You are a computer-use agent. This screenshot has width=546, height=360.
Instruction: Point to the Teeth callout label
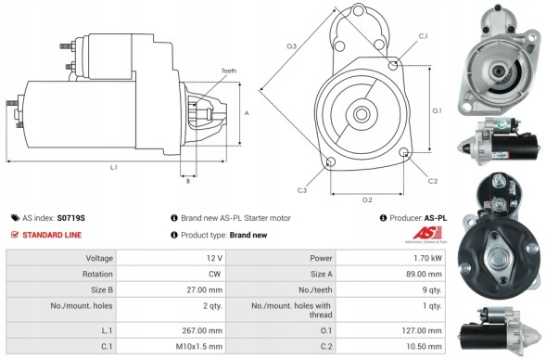[228, 71]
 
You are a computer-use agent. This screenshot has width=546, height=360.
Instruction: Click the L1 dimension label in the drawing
[113, 167]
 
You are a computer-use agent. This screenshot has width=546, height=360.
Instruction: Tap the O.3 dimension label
[291, 45]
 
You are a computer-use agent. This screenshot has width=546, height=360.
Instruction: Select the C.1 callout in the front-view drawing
[423, 35]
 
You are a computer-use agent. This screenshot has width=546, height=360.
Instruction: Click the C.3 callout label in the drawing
[302, 190]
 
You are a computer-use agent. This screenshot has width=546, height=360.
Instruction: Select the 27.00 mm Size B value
[206, 289]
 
